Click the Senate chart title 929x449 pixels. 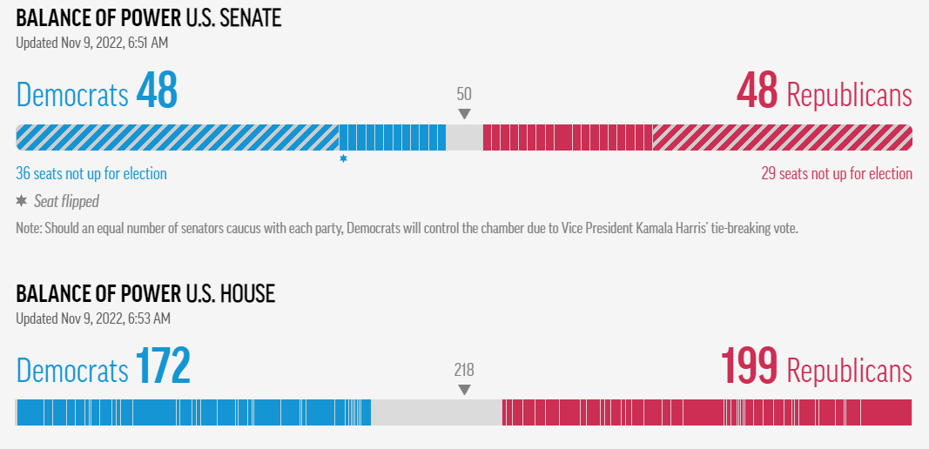tap(149, 19)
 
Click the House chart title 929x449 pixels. tap(145, 294)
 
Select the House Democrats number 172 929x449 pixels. tap(163, 366)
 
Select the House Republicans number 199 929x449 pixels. tap(750, 366)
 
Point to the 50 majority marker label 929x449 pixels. tap(465, 94)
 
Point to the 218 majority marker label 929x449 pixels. tap(465, 370)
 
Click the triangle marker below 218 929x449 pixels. tap(465, 390)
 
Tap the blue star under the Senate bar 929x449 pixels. tap(343, 158)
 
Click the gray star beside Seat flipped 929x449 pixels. tap(21, 201)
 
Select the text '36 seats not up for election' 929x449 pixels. tap(91, 173)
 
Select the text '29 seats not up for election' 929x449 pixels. tap(837, 173)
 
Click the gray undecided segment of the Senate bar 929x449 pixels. tap(465, 137)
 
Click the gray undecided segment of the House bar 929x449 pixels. tap(437, 412)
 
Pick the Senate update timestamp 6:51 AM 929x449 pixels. tap(147, 43)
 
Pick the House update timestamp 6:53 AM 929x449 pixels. tap(149, 318)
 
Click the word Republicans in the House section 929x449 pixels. tap(849, 370)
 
